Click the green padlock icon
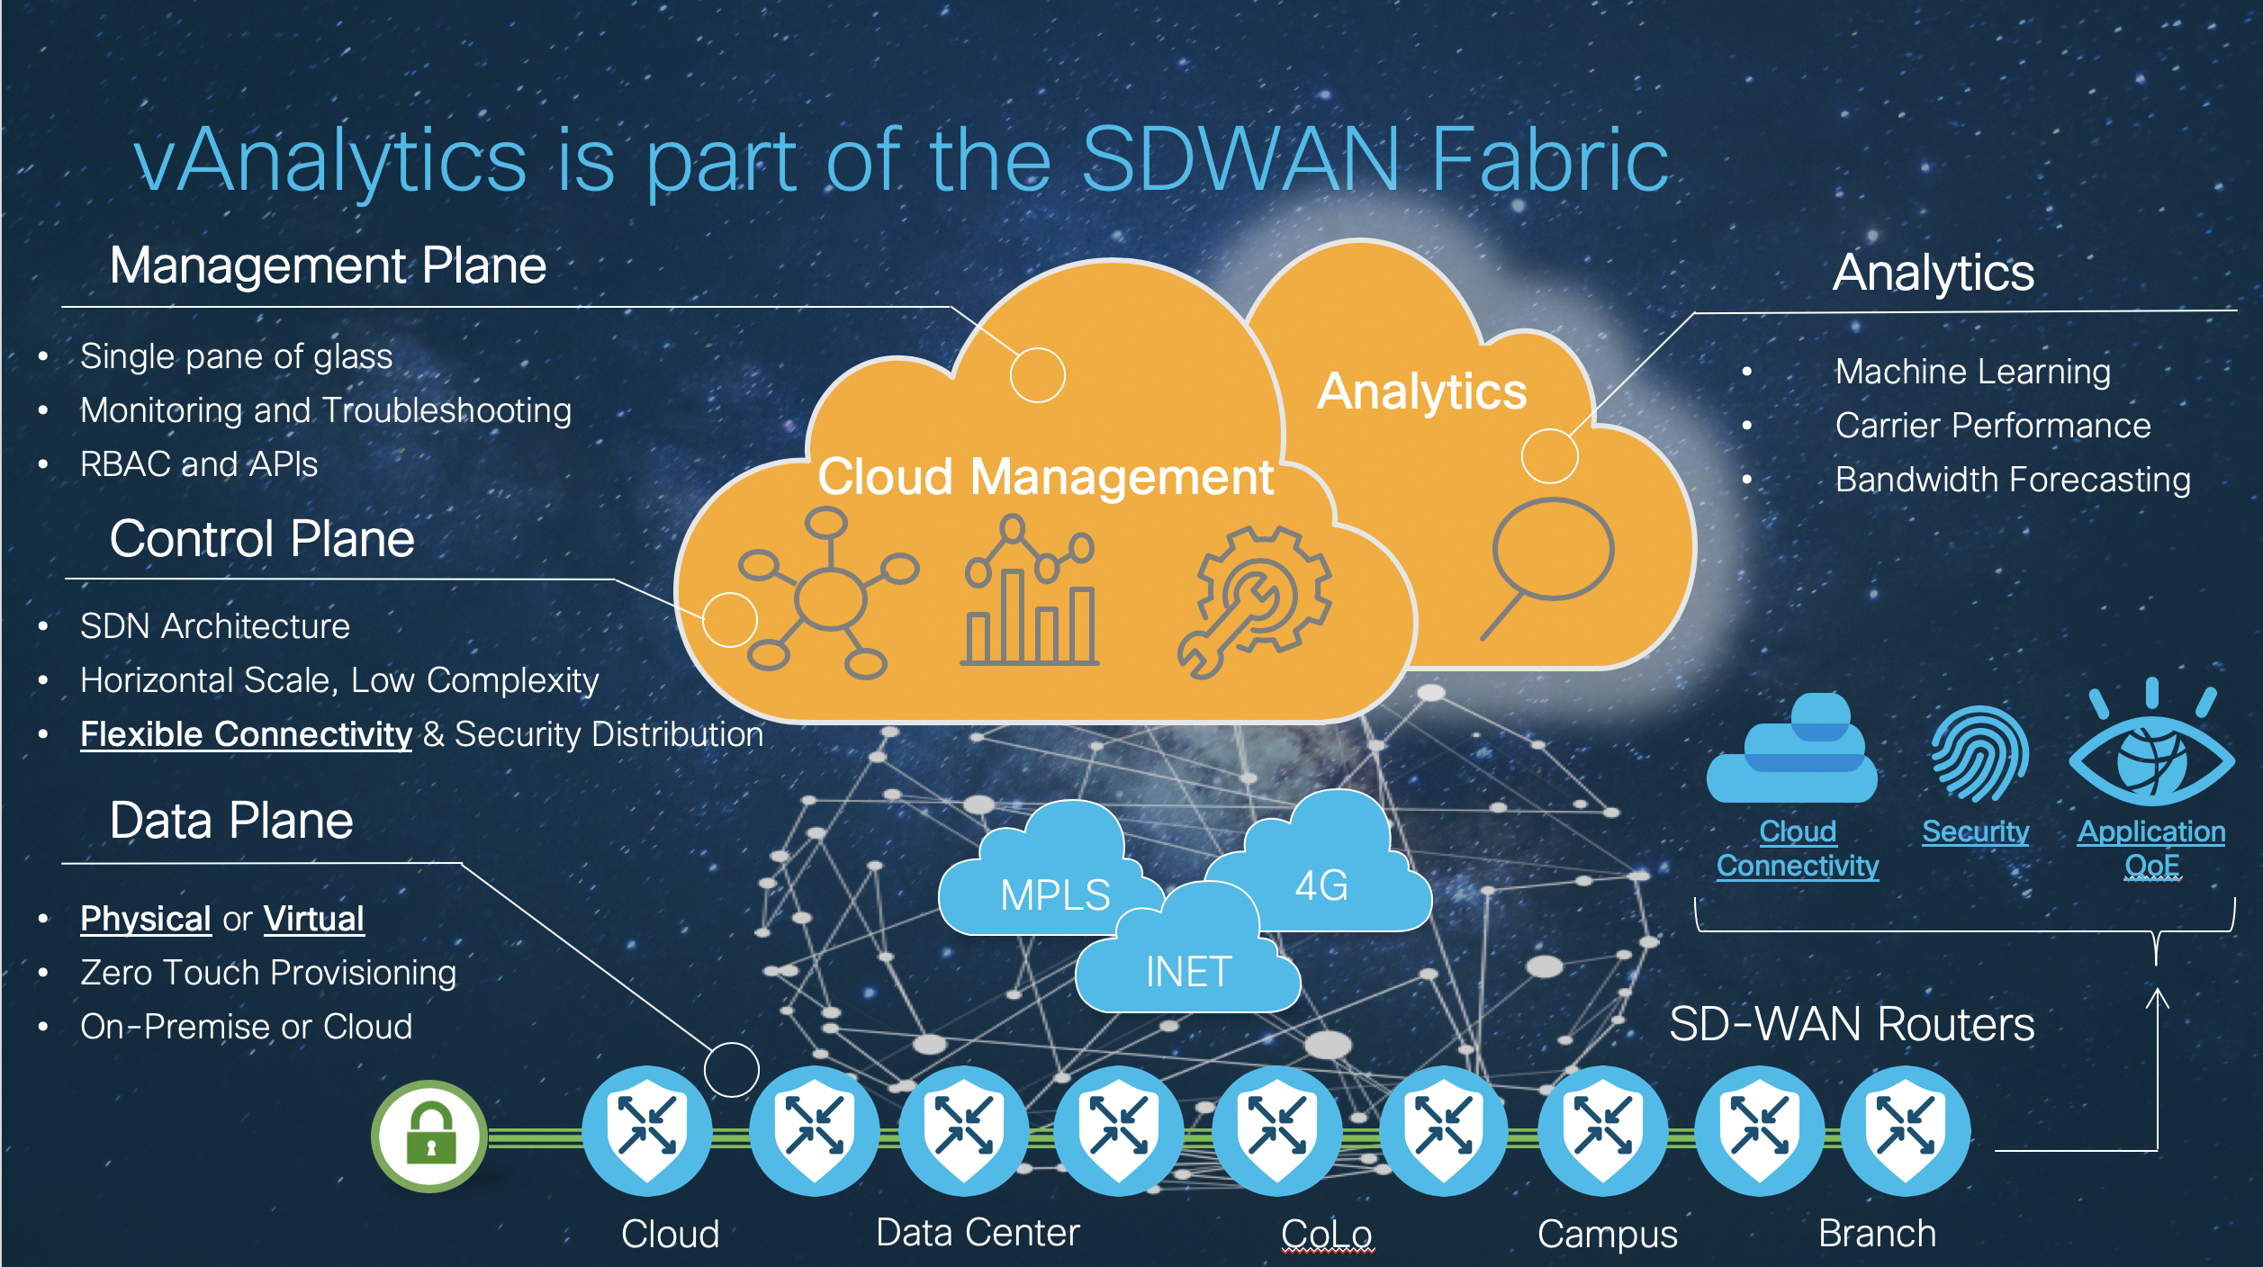(x=430, y=1136)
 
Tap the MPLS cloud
(x=1054, y=894)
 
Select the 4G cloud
(x=1321, y=885)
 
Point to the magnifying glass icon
(x=1548, y=562)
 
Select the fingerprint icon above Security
(x=1978, y=754)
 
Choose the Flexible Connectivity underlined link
(x=246, y=734)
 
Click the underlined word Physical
(x=145, y=919)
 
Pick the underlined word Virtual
(x=314, y=919)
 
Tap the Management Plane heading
(x=328, y=265)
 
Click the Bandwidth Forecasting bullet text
(x=2012, y=480)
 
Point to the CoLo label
(x=1327, y=1234)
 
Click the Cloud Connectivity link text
(x=1797, y=848)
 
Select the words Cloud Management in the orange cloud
(x=1045, y=476)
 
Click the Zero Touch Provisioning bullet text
(x=268, y=973)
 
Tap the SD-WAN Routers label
(x=1851, y=1024)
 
